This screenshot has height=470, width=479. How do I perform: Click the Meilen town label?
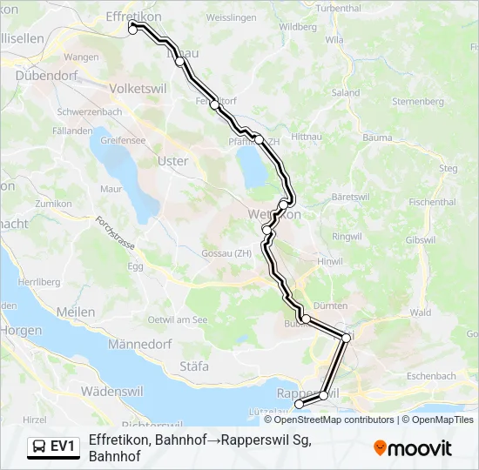point(75,312)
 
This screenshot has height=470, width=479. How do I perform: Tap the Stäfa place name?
point(193,366)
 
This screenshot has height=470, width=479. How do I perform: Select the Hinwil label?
point(331,260)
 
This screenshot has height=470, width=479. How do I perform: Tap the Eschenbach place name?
point(430,376)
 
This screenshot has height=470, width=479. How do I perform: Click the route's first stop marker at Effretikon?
point(133,28)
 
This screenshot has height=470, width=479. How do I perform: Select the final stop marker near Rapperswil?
point(300,404)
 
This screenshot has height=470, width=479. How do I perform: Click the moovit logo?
point(413,448)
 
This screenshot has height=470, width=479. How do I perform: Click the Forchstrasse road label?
point(116,233)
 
